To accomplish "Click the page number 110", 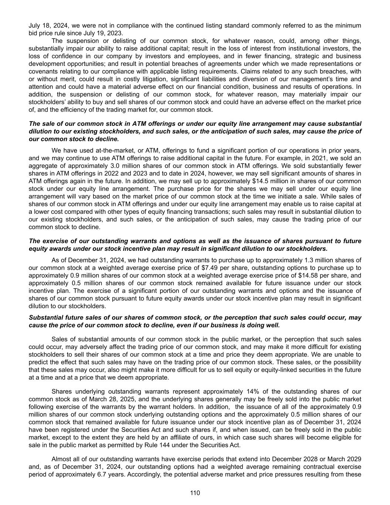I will coord(195,492).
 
